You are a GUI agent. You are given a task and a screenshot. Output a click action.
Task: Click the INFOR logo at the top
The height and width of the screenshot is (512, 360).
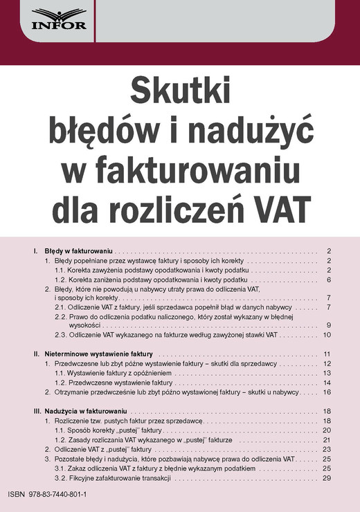(59, 19)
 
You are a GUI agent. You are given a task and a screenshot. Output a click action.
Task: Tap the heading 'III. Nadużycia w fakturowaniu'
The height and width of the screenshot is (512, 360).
(80, 411)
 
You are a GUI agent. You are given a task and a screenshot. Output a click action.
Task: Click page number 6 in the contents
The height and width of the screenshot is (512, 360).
(329, 280)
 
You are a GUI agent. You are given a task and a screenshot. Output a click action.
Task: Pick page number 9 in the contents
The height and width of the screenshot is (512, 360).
(329, 324)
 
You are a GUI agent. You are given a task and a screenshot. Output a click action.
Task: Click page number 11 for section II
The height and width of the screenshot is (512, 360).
(327, 354)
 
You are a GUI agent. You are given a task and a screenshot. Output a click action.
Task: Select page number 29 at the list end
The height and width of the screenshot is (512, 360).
(327, 477)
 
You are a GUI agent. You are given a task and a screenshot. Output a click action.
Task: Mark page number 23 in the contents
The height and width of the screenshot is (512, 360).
(327, 449)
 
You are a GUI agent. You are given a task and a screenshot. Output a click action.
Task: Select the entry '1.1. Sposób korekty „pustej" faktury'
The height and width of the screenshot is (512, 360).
(108, 430)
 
